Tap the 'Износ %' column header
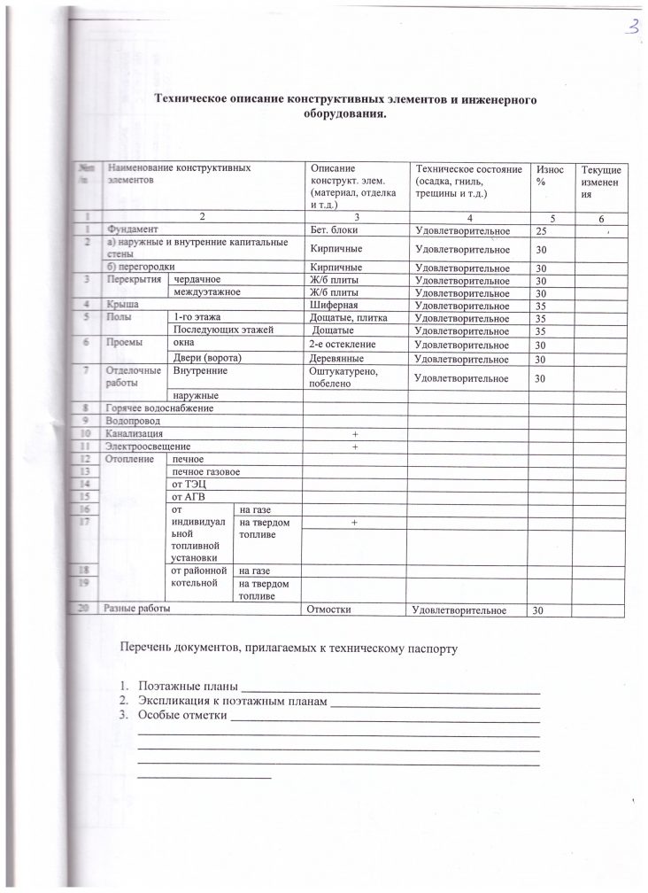point(541,175)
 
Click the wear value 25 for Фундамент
point(540,231)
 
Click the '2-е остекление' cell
point(343,344)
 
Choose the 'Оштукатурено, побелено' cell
point(340,377)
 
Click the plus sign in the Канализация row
point(353,434)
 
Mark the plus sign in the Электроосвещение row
point(353,446)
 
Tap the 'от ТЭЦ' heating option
point(189,485)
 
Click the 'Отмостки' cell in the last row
point(332,610)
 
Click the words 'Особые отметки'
point(182,716)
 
